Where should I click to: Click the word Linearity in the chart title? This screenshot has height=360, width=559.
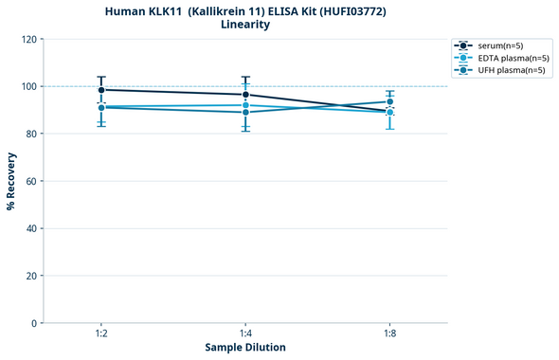coord(244,25)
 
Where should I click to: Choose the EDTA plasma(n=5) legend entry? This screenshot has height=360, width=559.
coord(513,58)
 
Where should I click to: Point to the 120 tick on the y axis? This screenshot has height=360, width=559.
coord(28,39)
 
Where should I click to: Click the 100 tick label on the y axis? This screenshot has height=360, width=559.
coord(28,86)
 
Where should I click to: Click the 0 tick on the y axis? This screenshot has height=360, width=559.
coord(34,323)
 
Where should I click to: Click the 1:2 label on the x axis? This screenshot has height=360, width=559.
coord(100,334)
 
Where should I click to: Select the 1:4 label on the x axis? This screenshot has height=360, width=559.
coord(245,334)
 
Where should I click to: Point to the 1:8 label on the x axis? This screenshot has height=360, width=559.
coord(389,334)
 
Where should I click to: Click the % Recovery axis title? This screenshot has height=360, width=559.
coord(11,181)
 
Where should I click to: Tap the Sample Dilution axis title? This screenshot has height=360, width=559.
coord(245,348)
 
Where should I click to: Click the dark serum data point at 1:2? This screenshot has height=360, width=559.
coord(101,90)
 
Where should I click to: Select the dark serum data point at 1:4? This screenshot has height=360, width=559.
coord(245,95)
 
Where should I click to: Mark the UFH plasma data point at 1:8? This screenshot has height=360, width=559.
coord(389,101)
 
